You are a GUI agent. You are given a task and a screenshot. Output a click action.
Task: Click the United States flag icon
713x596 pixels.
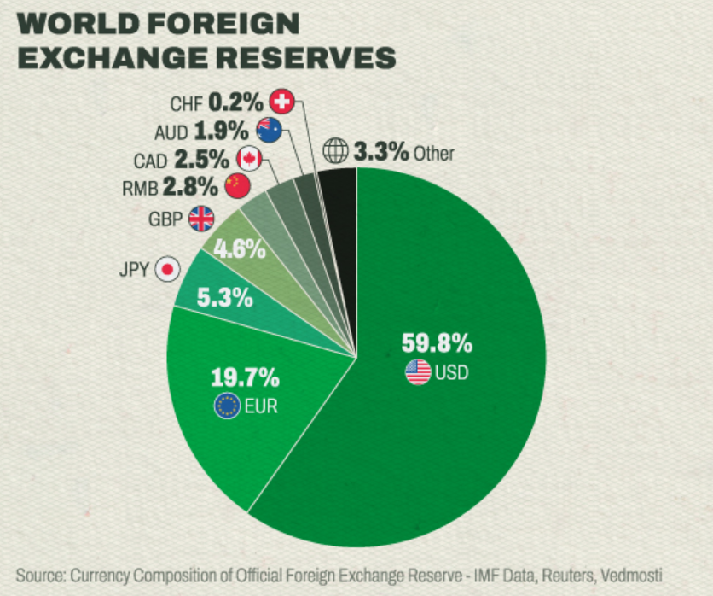(x=418, y=372)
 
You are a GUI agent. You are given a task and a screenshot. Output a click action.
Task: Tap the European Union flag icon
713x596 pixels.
(x=227, y=406)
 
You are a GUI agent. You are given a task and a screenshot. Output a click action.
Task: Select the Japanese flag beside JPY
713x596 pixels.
(x=168, y=270)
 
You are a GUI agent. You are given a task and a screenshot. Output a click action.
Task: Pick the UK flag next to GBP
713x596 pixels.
(x=202, y=219)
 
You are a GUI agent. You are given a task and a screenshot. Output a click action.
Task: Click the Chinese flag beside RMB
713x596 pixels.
(x=237, y=184)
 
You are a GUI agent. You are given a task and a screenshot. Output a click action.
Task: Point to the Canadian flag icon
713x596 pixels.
(x=248, y=158)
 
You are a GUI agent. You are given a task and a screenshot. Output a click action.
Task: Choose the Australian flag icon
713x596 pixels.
(x=269, y=131)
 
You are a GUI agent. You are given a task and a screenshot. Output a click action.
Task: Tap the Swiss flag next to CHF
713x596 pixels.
(x=281, y=103)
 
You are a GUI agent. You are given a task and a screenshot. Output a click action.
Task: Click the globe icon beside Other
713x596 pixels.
(x=335, y=153)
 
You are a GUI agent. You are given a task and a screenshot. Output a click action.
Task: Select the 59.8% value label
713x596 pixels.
(x=437, y=344)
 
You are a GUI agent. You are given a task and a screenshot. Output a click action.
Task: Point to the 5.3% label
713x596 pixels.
(x=224, y=298)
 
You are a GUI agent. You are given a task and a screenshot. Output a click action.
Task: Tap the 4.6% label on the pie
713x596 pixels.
(x=239, y=250)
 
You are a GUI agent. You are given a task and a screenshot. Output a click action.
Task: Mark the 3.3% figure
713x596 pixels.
(x=380, y=153)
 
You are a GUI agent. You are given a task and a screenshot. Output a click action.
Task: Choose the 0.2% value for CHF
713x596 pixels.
(x=235, y=103)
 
